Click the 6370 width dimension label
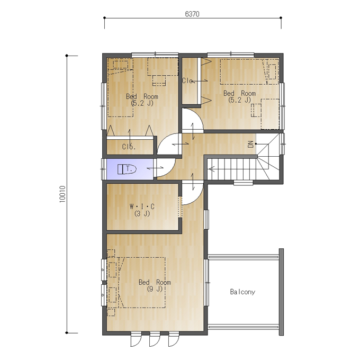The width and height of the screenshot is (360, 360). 192,14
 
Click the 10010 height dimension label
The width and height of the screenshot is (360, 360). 62,194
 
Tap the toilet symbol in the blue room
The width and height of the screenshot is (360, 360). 127,169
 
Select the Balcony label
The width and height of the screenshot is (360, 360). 242,292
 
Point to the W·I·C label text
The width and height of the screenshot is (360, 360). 142,206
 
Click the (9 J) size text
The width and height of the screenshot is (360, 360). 155,289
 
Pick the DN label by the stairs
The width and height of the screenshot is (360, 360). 250,144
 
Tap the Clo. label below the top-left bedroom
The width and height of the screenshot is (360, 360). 129,147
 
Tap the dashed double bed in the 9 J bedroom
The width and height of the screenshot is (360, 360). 142,283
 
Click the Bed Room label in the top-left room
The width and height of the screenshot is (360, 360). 142,96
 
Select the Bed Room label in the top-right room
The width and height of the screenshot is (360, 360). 239,94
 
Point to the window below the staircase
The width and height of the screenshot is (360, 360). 244,183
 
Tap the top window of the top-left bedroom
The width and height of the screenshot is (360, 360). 155,55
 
